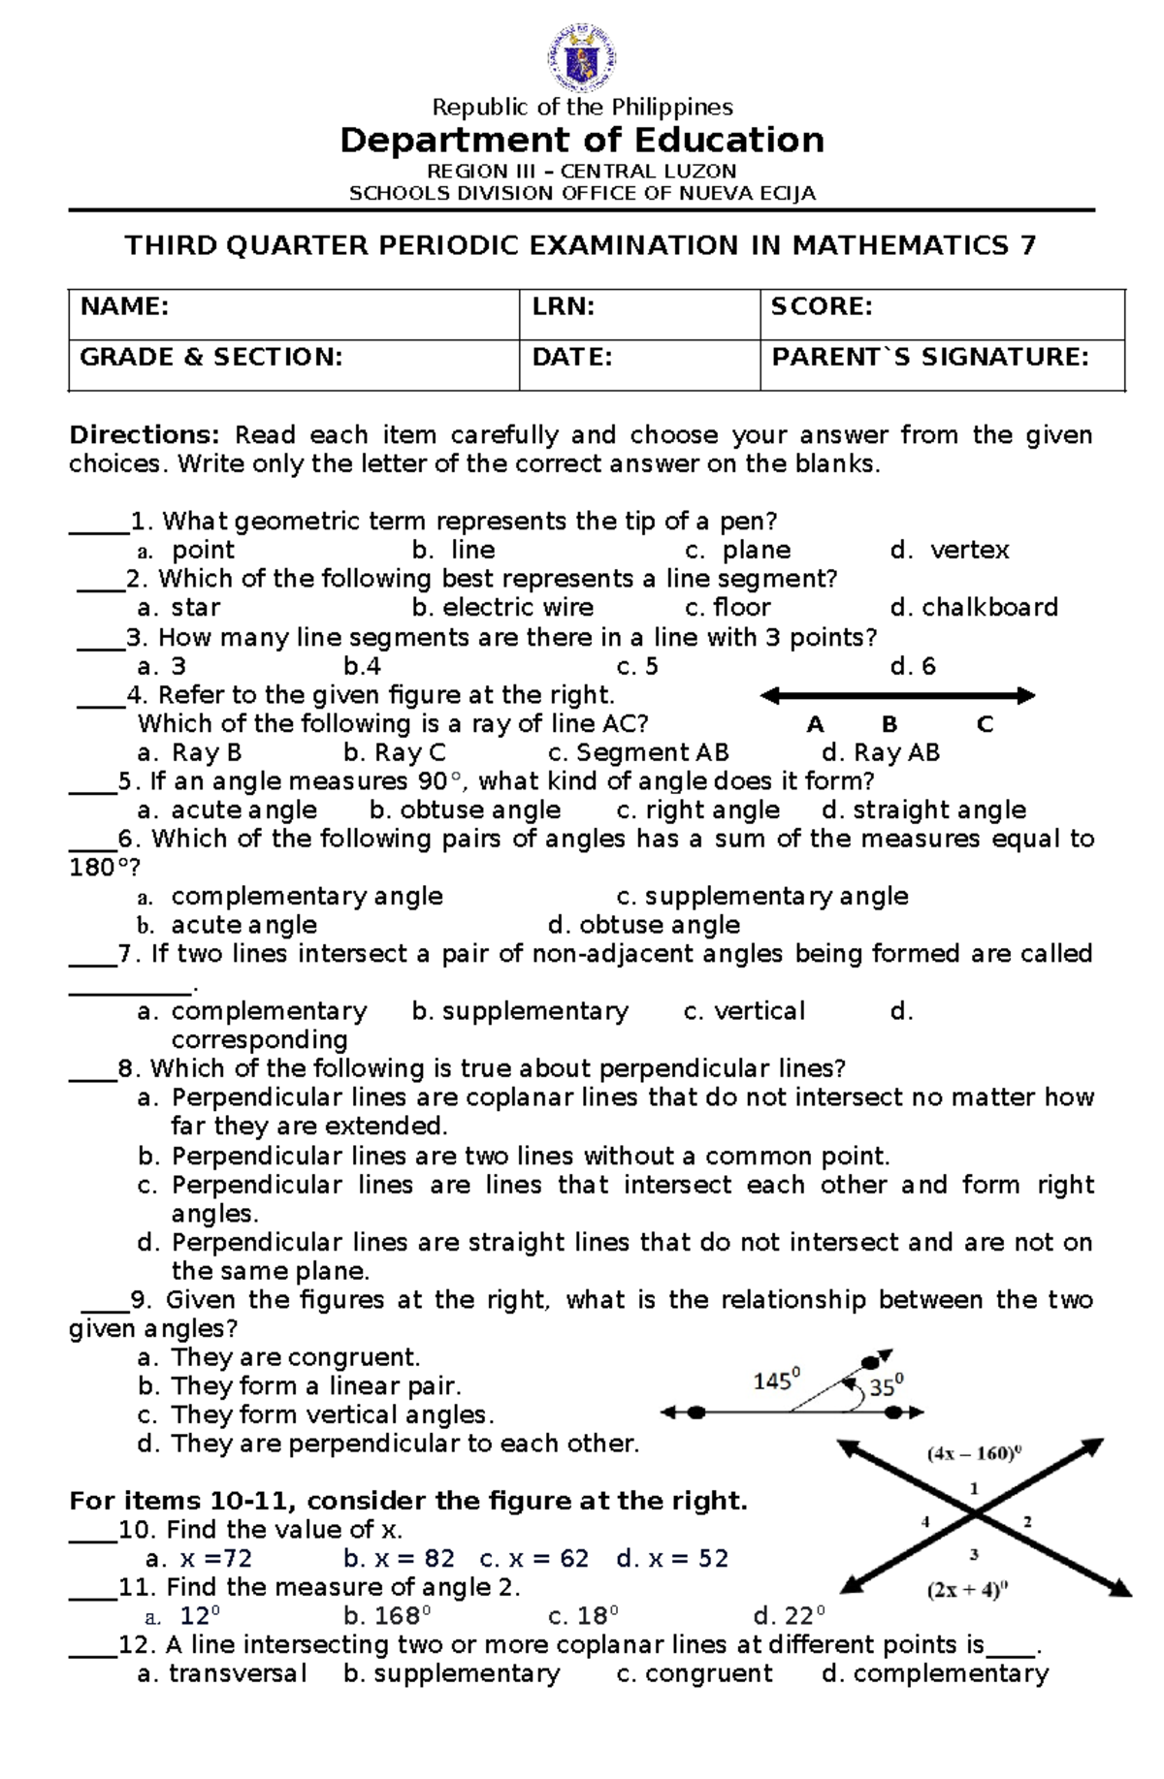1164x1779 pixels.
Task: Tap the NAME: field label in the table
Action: pyautogui.click(x=124, y=307)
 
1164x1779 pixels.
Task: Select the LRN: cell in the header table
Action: pyautogui.click(x=563, y=307)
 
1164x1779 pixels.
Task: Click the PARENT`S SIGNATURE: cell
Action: pyautogui.click(x=930, y=358)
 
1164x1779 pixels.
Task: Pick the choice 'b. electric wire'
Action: pyautogui.click(x=502, y=608)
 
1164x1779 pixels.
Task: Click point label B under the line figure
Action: pyautogui.click(x=889, y=724)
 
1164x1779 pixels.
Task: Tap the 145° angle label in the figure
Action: pyautogui.click(x=777, y=1380)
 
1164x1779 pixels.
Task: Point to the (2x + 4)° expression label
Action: pyautogui.click(x=967, y=1589)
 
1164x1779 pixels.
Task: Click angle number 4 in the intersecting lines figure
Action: pyautogui.click(x=925, y=1521)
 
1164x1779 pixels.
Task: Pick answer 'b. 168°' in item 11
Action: pyautogui.click(x=386, y=1616)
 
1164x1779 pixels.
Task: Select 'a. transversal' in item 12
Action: pyautogui.click(x=222, y=1674)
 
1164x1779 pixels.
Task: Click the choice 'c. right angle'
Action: pyautogui.click(x=697, y=810)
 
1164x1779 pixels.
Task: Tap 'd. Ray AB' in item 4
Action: pyautogui.click(x=880, y=753)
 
